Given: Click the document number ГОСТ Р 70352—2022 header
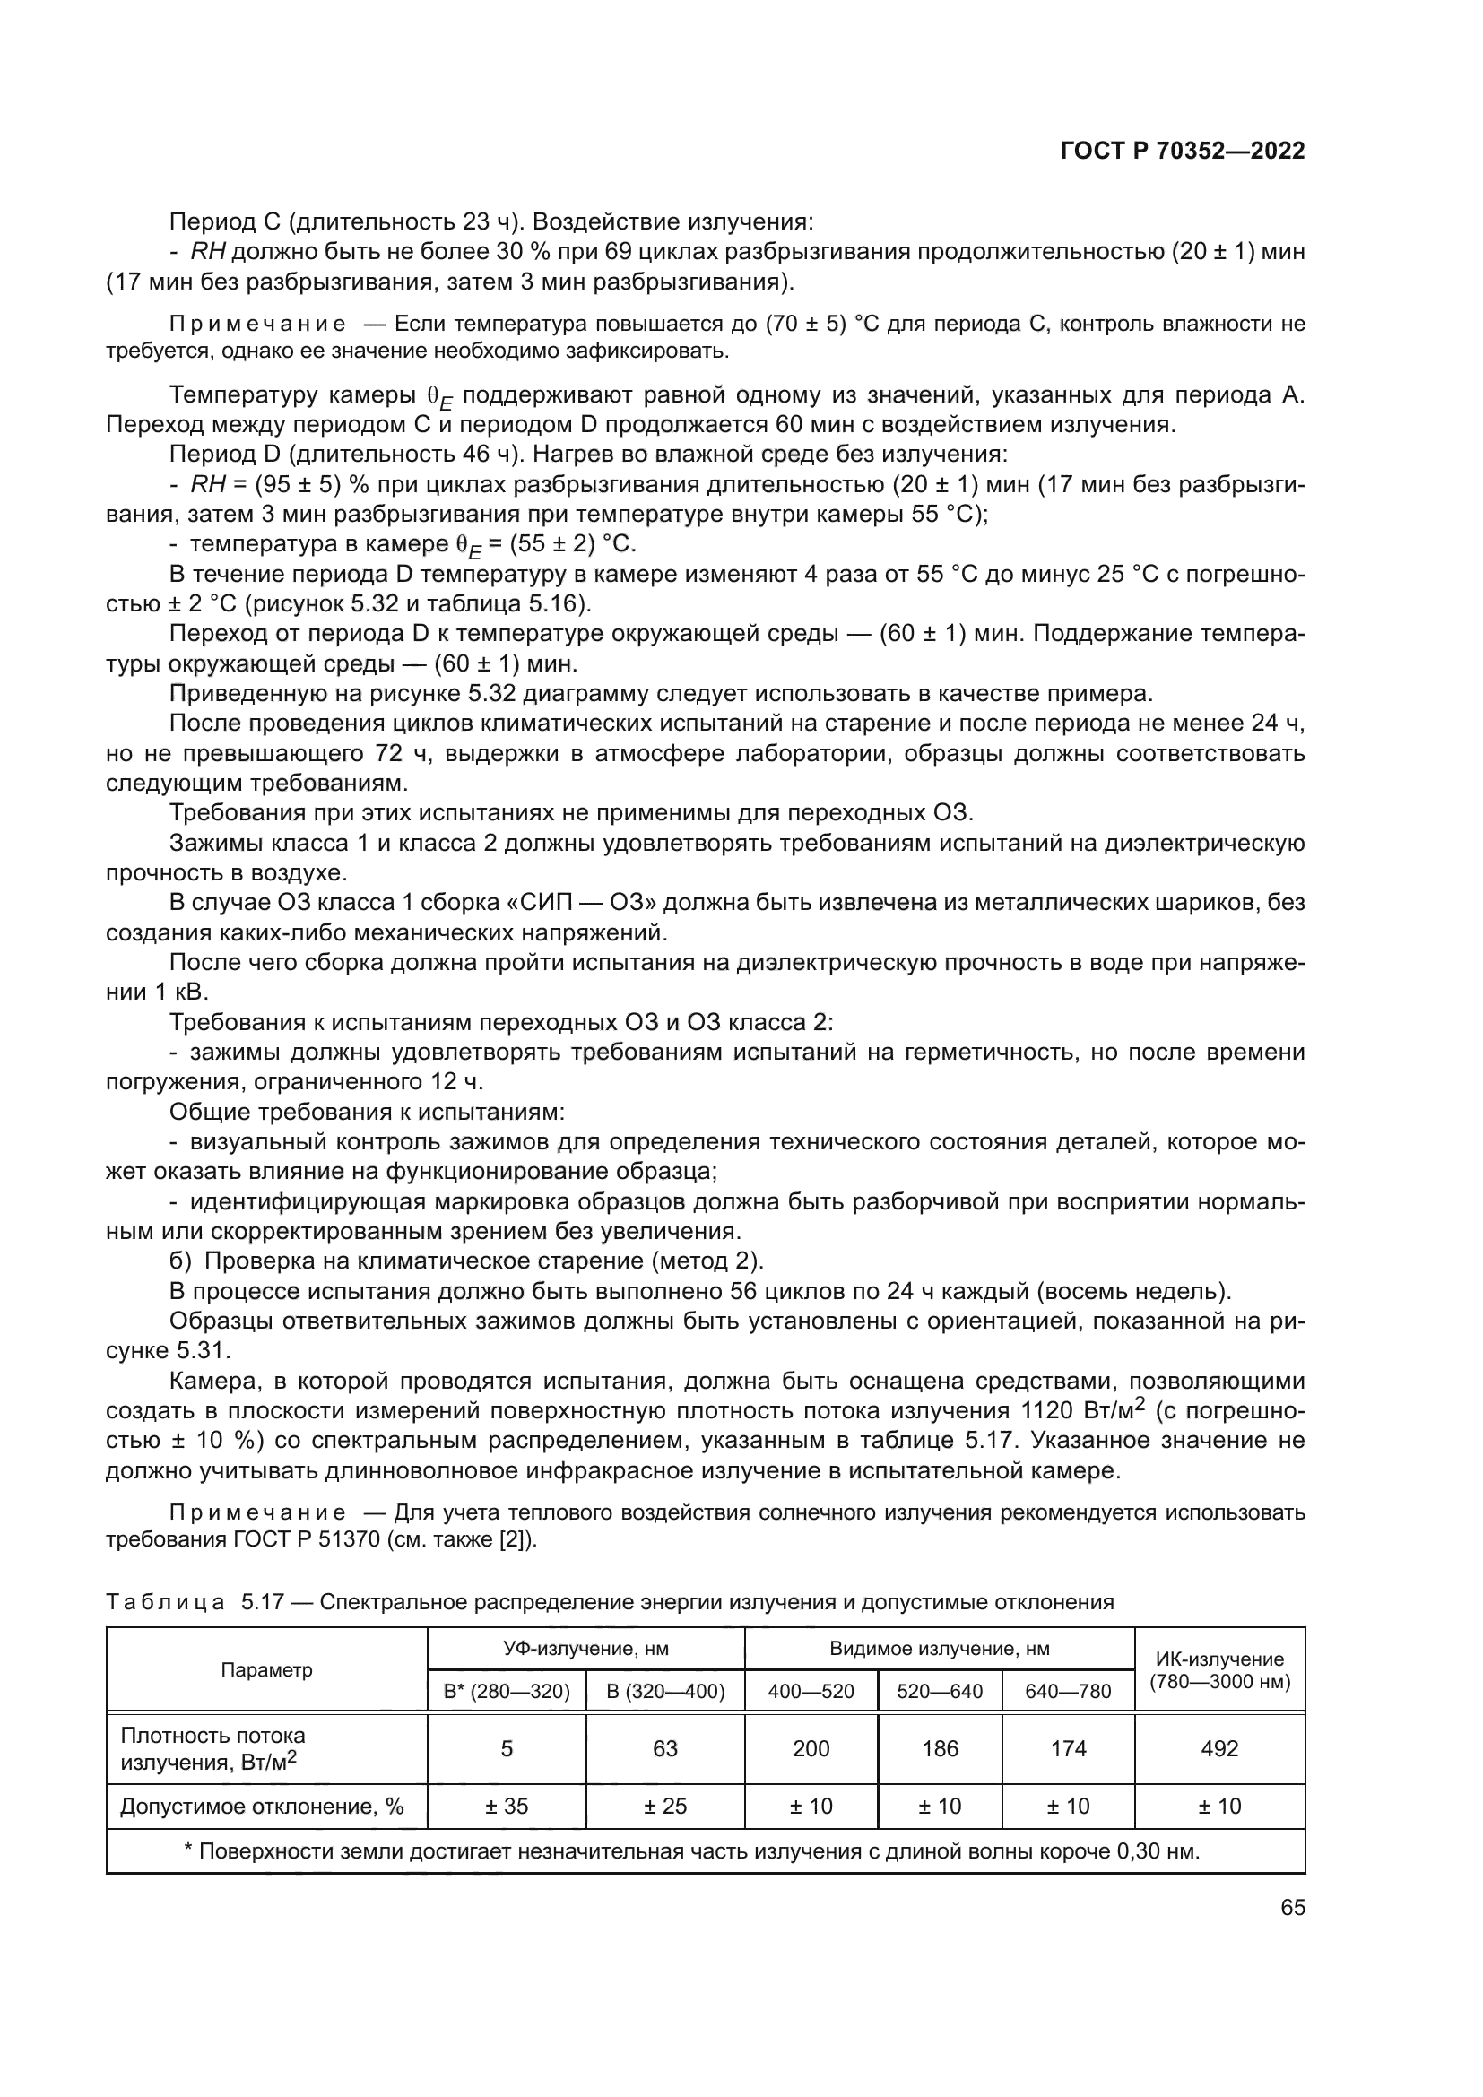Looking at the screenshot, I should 1183,151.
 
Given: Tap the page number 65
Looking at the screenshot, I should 1292,1907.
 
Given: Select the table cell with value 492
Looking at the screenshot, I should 1219,1748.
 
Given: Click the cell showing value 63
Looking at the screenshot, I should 664,1748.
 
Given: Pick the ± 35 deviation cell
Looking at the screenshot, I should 506,1806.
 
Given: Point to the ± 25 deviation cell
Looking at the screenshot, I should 664,1806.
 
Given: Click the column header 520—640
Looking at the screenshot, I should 940,1692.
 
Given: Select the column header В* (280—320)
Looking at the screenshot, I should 506,1692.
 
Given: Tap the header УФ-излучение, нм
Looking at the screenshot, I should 586,1649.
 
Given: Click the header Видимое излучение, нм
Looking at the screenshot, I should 940,1649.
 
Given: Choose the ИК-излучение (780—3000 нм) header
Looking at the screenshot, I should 1219,1669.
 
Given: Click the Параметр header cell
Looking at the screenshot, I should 266,1669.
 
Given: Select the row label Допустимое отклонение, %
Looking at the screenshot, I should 262,1806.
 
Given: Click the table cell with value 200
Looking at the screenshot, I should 811,1748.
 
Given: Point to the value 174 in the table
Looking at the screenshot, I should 1068,1748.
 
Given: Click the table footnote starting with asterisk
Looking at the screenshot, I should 691,1851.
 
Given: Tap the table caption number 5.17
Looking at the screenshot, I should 265,1602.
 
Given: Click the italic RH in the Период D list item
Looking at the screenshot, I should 208,484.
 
